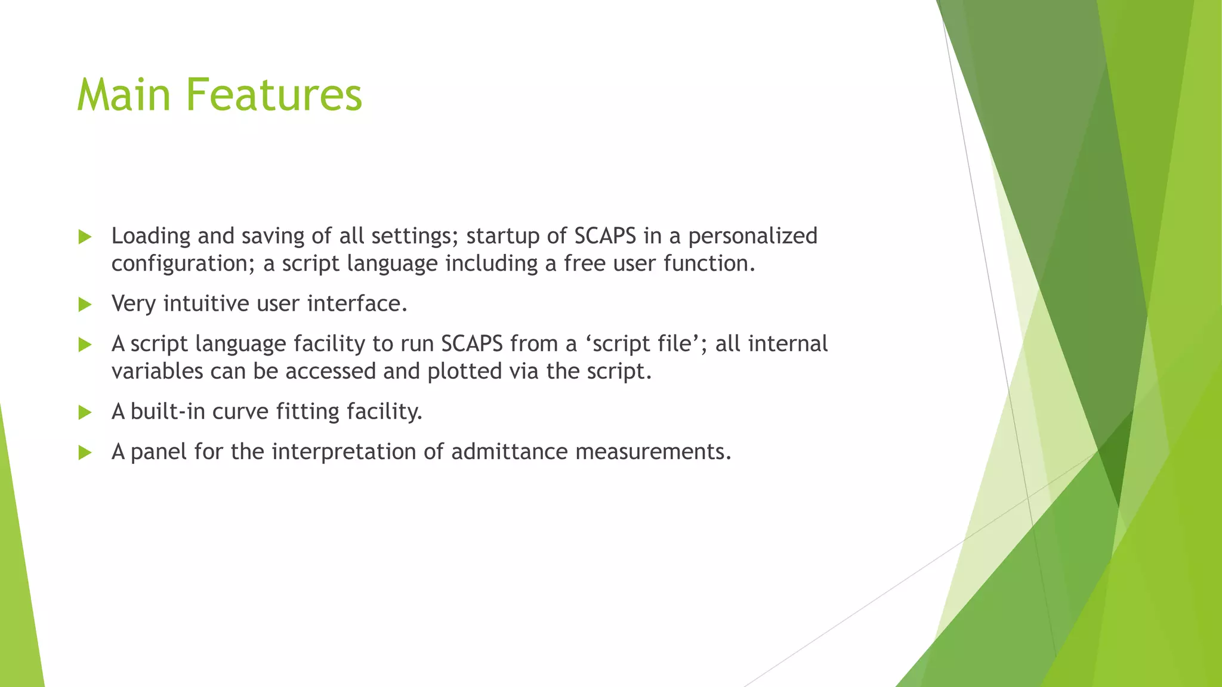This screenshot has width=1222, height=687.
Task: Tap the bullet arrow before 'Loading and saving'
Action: coord(85,237)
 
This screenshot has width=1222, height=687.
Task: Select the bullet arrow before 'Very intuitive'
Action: coord(85,305)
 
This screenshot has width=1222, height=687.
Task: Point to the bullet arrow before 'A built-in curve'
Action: coord(85,413)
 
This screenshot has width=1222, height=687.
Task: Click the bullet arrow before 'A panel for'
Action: coord(85,453)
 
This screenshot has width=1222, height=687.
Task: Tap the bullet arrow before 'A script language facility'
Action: coord(85,345)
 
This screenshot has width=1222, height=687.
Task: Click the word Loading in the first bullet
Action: coord(150,237)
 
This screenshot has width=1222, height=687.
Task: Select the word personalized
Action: coord(752,237)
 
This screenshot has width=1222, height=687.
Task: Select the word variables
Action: coord(157,372)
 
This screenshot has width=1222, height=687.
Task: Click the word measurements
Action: coord(653,452)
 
